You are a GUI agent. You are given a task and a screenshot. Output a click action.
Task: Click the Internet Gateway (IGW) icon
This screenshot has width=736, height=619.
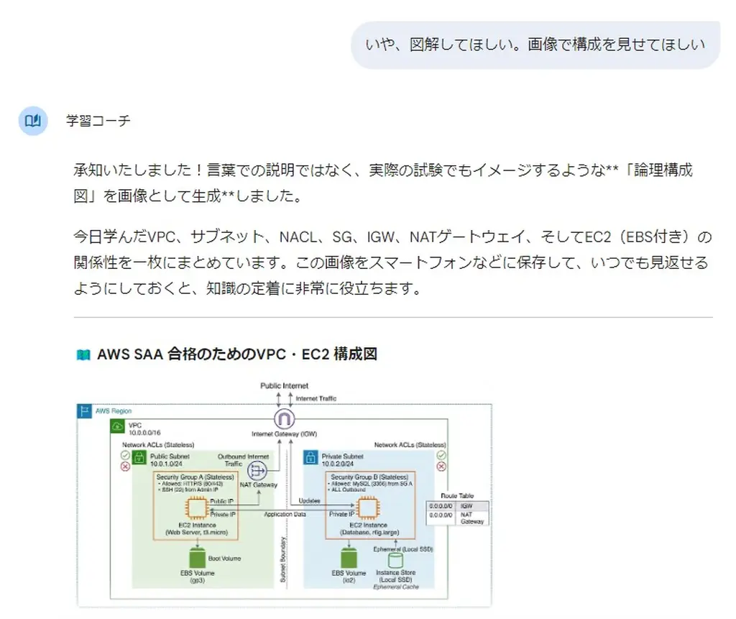coord(285,420)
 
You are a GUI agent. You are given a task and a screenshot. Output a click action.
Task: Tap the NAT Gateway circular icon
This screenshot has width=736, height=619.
coord(257,471)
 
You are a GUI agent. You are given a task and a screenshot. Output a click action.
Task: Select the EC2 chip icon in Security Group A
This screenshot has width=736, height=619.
coord(196,509)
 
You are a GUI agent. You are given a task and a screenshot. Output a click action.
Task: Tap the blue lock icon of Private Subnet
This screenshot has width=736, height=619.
coord(311,457)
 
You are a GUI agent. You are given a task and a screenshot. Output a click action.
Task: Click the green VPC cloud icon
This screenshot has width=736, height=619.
coord(118,427)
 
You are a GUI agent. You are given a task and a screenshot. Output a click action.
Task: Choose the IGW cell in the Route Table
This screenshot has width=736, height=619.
coord(474,506)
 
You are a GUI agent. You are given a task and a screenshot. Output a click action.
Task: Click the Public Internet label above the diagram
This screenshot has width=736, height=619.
coord(285,386)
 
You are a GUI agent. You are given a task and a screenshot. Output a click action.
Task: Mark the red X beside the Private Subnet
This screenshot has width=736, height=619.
coord(441,467)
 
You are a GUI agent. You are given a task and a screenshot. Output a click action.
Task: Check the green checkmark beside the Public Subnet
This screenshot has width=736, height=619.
coord(126,455)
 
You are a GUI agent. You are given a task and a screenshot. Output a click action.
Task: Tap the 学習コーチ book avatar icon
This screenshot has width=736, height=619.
coord(32,121)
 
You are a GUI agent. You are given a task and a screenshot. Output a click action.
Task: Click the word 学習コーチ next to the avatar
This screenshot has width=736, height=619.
coord(98,121)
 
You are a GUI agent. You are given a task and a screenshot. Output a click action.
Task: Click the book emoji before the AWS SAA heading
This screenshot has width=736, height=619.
coord(83,354)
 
